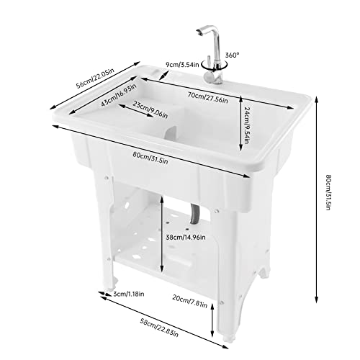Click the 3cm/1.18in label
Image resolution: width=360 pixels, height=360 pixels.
[x=130, y=293]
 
